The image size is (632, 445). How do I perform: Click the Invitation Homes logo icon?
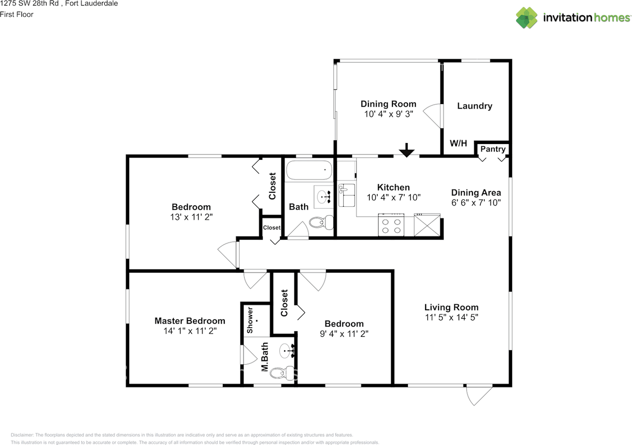coord(527,18)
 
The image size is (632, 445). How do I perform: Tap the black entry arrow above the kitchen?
coord(406,150)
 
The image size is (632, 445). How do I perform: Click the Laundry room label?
coord(474,106)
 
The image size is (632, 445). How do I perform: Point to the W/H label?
coord(458,144)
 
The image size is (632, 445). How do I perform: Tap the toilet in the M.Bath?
coord(281,373)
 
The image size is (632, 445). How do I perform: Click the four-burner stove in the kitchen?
coord(391,225)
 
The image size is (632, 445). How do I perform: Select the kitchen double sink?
coord(347,195)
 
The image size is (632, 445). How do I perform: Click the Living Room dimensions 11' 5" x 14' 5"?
coord(451,317)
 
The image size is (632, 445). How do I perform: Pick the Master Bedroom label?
coord(190,321)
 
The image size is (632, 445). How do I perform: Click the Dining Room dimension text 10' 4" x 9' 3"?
coord(388,113)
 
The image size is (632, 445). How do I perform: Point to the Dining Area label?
coord(476,193)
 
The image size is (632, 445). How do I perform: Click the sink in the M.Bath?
coord(287,351)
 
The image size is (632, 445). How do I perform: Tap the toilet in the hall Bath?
coord(318,222)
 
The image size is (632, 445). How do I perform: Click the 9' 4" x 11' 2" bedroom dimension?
coord(344,334)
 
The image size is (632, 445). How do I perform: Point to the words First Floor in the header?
coord(17,14)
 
